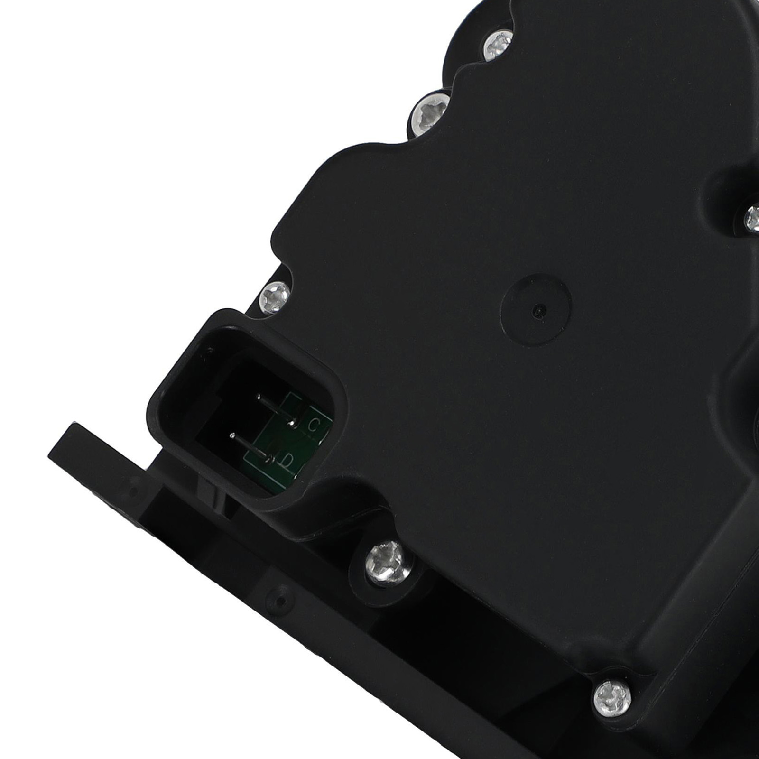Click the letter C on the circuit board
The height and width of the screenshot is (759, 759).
coord(313,425)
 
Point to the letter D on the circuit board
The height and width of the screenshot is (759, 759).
coord(287,460)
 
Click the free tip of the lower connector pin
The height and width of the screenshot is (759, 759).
coord(232,435)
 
